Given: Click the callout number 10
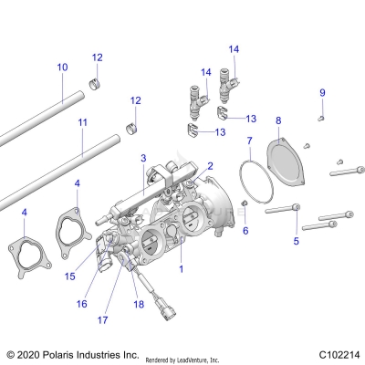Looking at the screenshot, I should pyautogui.click(x=62, y=67).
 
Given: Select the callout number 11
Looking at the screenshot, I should pyautogui.click(x=83, y=120).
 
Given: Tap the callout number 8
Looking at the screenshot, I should pyautogui.click(x=278, y=120).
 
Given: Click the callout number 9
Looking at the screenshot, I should pyautogui.click(x=321, y=92).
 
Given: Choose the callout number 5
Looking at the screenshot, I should pyautogui.click(x=295, y=241).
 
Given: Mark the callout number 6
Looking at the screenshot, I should pyautogui.click(x=245, y=231).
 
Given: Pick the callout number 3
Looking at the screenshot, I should pyautogui.click(x=143, y=159).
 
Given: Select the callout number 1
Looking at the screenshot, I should pyautogui.click(x=181, y=269).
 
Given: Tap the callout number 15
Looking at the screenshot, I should pyautogui.click(x=70, y=275).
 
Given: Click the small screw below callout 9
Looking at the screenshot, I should pyautogui.click(x=321, y=117).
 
